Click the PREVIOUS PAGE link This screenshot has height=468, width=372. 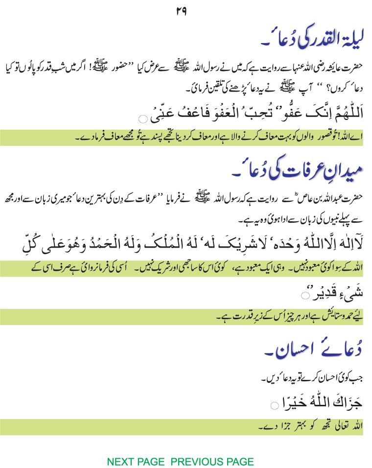212,462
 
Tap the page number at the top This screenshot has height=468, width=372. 181,11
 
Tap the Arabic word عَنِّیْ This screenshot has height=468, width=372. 160,116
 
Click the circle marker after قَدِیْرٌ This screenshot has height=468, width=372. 305,295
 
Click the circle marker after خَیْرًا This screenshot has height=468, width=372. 275,405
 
